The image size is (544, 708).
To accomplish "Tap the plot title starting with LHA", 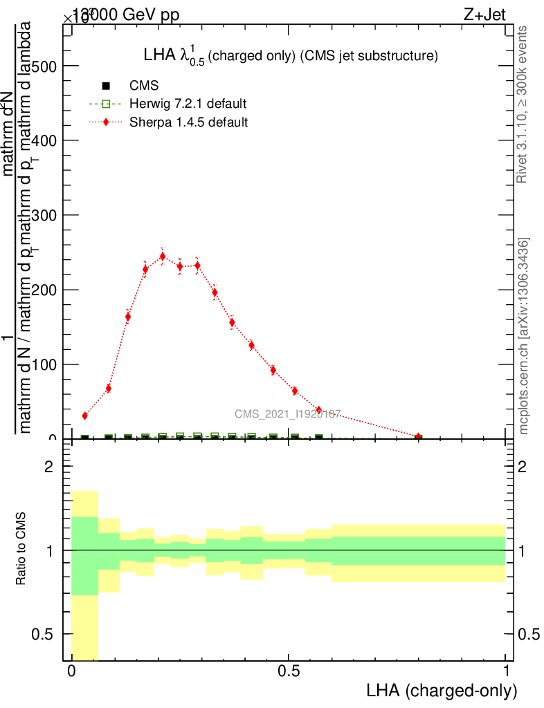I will tap(290, 56).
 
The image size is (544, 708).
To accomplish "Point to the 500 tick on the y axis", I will tap(43, 66).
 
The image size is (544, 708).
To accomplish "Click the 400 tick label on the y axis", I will tap(43, 140).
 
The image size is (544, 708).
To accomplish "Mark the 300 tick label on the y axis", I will tap(43, 215).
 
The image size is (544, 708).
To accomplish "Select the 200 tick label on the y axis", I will tap(43, 290).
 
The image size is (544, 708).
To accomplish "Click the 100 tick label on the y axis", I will tap(43, 364).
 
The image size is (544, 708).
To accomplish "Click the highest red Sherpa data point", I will tap(163, 257).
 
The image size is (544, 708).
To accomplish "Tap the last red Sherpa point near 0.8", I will tap(418, 436).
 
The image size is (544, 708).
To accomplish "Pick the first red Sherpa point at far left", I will tap(85, 416).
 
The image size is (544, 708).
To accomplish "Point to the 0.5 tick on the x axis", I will tap(289, 671).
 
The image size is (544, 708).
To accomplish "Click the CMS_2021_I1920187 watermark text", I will tap(287, 413).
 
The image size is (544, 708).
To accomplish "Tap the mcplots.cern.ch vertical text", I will tap(524, 337).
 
